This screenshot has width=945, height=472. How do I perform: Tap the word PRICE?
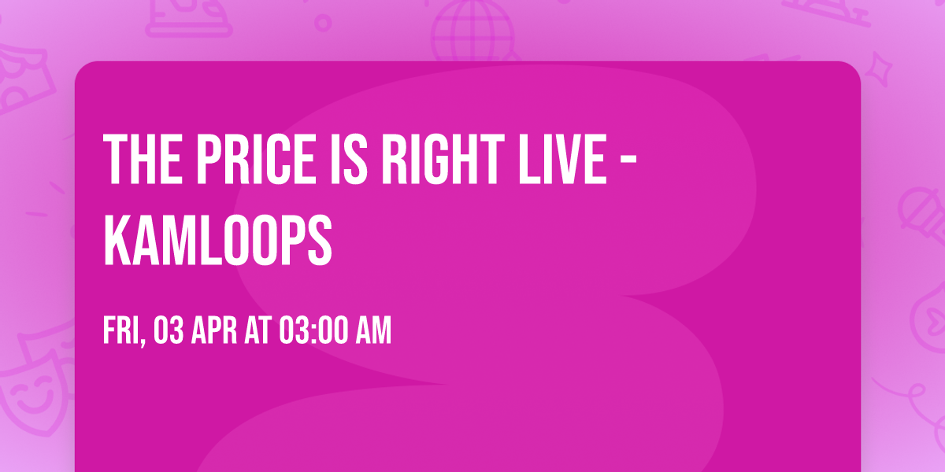239,158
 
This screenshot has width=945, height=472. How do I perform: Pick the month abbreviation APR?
216,330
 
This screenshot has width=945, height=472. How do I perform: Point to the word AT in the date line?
258,330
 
